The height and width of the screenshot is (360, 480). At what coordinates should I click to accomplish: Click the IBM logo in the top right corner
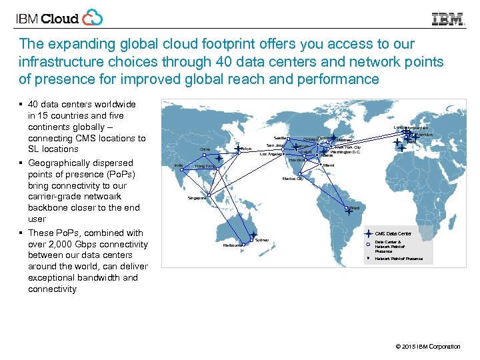pyautogui.click(x=448, y=19)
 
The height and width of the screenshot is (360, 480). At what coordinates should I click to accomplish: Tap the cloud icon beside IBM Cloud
pyautogui.click(x=92, y=18)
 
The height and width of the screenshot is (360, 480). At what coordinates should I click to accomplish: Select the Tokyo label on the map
pyautogui.click(x=247, y=149)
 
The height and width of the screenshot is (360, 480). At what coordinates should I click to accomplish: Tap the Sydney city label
pyautogui.click(x=262, y=239)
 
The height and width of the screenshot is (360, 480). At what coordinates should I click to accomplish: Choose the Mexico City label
pyautogui.click(x=292, y=179)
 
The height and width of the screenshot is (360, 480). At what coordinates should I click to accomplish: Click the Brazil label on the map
pyautogui.click(x=355, y=208)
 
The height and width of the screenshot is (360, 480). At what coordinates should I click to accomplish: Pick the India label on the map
pyautogui.click(x=178, y=165)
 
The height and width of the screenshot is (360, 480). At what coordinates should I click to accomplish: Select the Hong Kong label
pyautogui.click(x=203, y=166)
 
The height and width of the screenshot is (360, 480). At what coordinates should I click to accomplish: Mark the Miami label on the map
pyautogui.click(x=328, y=165)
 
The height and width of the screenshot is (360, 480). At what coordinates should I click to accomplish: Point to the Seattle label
pyautogui.click(x=280, y=137)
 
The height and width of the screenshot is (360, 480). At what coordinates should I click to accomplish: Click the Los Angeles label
pyautogui.click(x=270, y=154)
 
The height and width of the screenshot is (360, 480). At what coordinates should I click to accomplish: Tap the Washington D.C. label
pyautogui.click(x=345, y=152)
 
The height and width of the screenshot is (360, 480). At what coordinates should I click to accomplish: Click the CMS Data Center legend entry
pyautogui.click(x=393, y=234)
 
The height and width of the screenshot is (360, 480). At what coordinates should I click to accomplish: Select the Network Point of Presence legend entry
pyautogui.click(x=399, y=259)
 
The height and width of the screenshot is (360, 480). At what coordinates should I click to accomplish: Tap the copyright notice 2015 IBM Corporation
pyautogui.click(x=427, y=347)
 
